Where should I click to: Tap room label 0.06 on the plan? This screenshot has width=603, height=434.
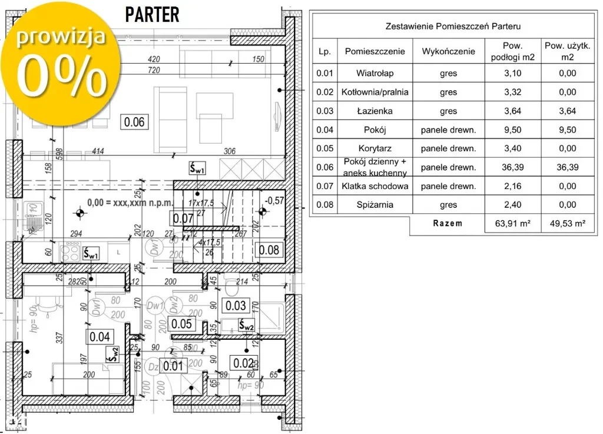135,122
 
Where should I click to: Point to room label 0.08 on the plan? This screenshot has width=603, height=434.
269,249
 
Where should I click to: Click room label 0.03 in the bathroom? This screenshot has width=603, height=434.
236,305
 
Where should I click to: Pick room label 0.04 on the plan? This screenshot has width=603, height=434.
99,337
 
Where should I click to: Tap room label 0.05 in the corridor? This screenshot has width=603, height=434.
180,323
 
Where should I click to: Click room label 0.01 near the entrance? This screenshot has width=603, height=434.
174,366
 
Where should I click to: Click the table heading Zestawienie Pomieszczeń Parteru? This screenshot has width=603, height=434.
453,26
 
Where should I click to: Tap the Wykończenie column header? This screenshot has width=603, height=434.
448,51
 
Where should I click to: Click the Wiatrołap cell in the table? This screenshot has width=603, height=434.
375,74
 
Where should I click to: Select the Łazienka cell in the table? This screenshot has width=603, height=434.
375,111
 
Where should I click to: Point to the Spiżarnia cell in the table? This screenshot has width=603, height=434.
375,205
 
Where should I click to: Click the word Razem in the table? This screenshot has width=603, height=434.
448,224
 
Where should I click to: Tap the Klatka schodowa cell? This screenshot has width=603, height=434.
375,186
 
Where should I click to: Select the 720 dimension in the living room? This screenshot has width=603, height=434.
154,70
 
